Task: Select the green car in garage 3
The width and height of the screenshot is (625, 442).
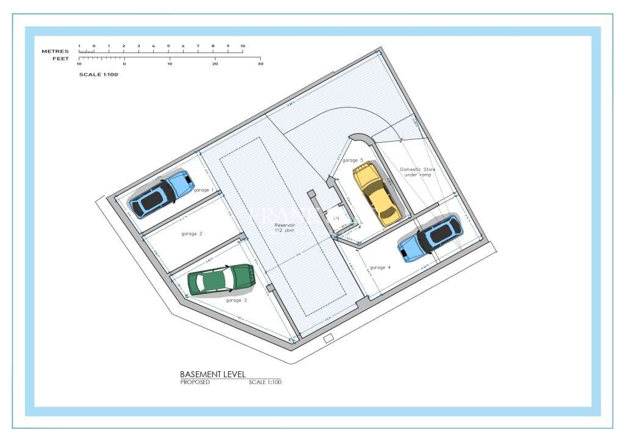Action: (x=221, y=280)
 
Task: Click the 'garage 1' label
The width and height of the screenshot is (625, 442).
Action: (x=204, y=190)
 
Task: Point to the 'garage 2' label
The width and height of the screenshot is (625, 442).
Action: (x=192, y=233)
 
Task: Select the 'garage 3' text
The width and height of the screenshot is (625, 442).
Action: (x=236, y=300)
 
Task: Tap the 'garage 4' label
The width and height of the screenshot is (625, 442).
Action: (x=380, y=267)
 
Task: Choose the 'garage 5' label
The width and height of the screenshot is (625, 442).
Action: (x=352, y=160)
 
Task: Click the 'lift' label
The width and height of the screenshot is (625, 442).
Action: (x=336, y=217)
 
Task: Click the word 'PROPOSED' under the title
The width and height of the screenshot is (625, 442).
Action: (x=195, y=382)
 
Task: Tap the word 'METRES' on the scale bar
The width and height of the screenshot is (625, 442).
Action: (x=55, y=51)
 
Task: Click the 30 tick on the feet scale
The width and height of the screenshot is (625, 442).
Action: (x=260, y=63)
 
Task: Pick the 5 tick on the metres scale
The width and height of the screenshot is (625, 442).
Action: (x=168, y=46)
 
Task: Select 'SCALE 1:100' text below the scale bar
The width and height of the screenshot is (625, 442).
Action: (x=98, y=74)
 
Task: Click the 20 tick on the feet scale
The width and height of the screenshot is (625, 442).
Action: (x=215, y=63)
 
